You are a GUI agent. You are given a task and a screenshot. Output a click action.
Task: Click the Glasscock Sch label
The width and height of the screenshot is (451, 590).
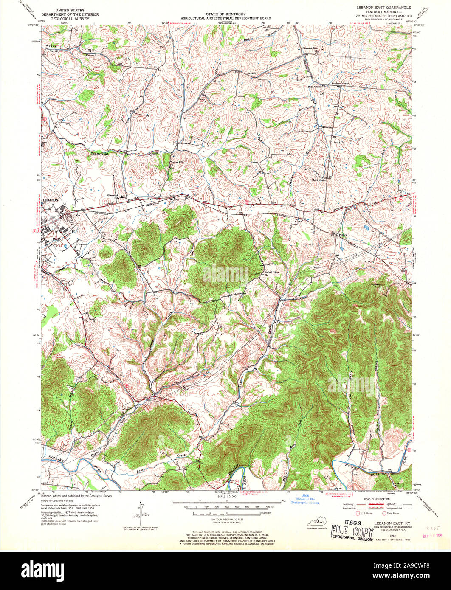pos(114,195)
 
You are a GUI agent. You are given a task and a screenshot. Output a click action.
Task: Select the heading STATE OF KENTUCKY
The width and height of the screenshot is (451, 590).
pos(225,14)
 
